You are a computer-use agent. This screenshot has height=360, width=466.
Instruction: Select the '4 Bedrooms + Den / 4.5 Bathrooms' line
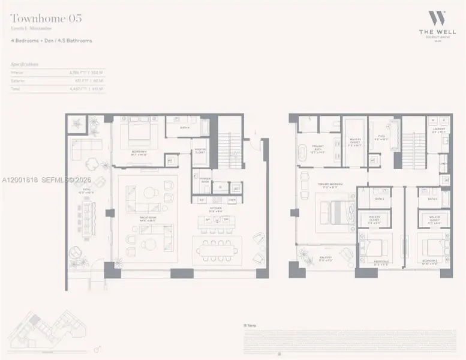tap(52, 41)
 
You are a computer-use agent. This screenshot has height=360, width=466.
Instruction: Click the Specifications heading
tap(25, 63)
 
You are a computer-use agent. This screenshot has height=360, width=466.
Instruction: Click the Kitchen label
tap(215, 211)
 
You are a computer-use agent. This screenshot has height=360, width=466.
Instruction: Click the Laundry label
tap(437, 131)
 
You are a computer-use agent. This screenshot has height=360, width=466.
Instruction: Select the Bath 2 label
tap(378, 199)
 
